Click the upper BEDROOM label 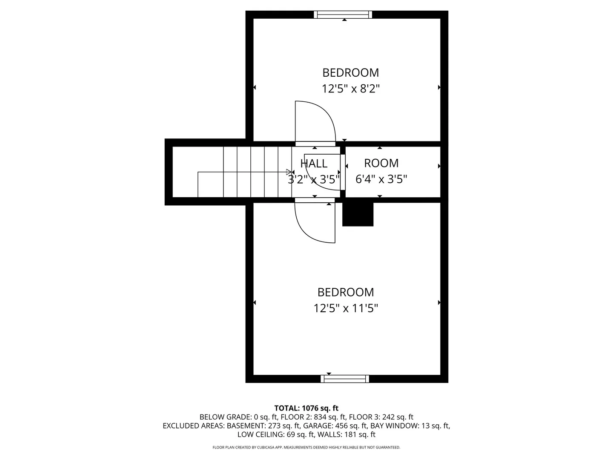point(350,72)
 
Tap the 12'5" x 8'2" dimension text point(350,89)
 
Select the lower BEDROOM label point(346,292)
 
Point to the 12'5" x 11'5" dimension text point(346,308)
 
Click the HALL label point(314,164)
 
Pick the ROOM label point(381,163)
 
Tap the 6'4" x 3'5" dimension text point(381,179)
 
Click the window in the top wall point(343,14)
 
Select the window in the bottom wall point(345,379)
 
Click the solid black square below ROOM point(358,214)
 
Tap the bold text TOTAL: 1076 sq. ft point(306,408)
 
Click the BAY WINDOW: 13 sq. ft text point(410,425)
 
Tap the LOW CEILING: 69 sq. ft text point(276,434)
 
